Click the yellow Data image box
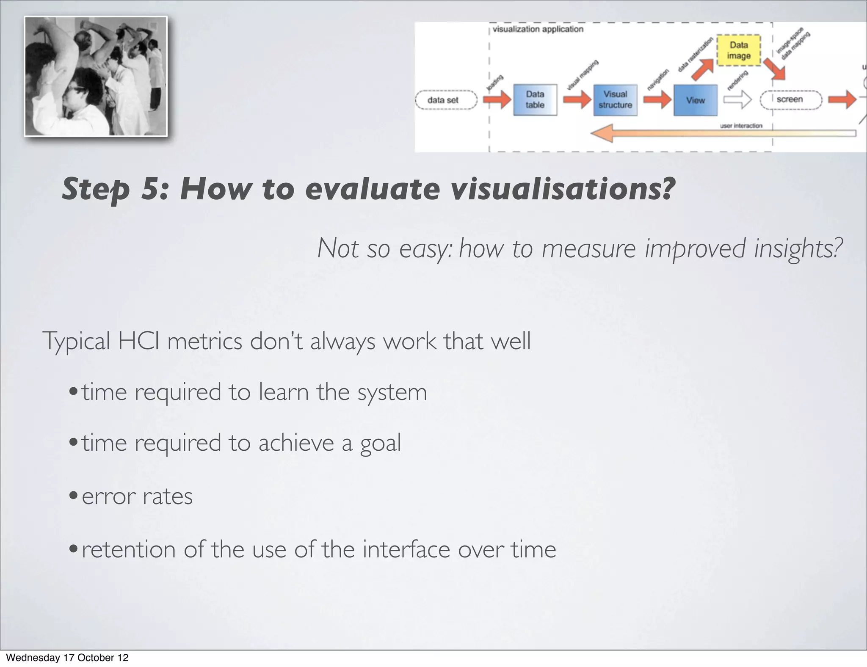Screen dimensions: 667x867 point(739,50)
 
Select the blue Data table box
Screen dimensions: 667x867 point(535,100)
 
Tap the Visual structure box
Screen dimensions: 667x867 point(615,100)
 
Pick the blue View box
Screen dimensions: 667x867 point(695,100)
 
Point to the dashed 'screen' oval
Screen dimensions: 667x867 point(790,100)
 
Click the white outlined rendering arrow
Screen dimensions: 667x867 point(737,100)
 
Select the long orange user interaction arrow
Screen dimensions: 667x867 point(720,133)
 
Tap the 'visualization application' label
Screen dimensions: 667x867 point(538,29)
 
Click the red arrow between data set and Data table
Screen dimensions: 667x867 point(497,100)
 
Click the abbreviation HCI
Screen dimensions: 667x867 point(138,341)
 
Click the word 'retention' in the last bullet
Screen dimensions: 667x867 point(128,549)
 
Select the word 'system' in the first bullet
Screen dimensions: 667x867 point(392,392)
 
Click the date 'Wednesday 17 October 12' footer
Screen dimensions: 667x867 point(67,658)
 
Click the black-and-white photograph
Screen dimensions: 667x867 point(96,77)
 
